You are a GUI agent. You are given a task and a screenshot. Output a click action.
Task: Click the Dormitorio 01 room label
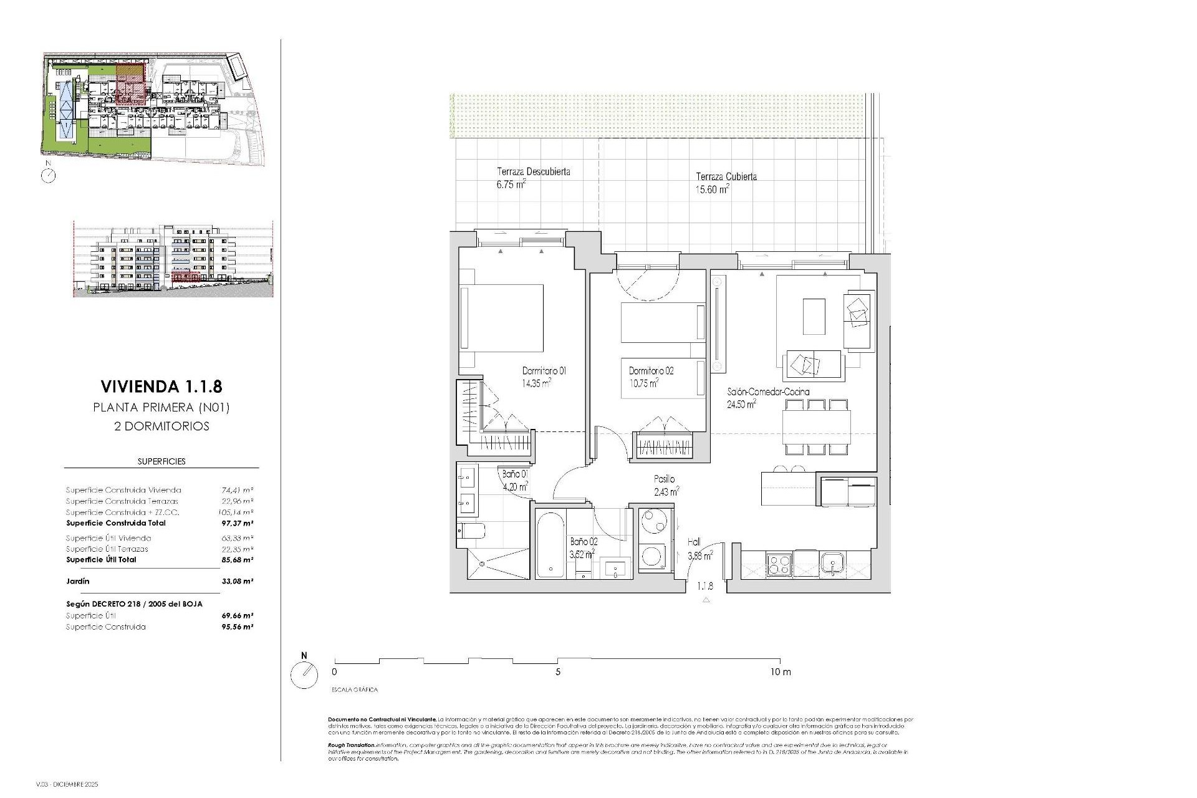tap(544, 371)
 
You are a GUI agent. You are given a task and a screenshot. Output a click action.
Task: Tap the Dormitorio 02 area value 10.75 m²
tap(643, 384)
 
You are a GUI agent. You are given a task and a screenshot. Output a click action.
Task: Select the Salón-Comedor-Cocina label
tap(768, 392)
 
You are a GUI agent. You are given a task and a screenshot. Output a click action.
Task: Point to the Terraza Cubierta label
tap(726, 176)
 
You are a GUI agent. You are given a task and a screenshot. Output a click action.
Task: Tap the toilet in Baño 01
tap(472, 531)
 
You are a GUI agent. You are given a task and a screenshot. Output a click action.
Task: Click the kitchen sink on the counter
tap(832, 564)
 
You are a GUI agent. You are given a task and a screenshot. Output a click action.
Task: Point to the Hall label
tap(694, 542)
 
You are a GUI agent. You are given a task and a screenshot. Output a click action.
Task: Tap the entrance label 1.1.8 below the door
tap(705, 586)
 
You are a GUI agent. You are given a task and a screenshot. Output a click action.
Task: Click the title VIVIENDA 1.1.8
tap(161, 387)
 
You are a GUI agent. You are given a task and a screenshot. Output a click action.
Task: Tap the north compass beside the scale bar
tap(304, 675)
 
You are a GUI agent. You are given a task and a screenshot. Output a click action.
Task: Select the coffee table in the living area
tap(814, 317)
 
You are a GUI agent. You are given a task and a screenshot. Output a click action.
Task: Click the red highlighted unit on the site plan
tap(131, 84)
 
